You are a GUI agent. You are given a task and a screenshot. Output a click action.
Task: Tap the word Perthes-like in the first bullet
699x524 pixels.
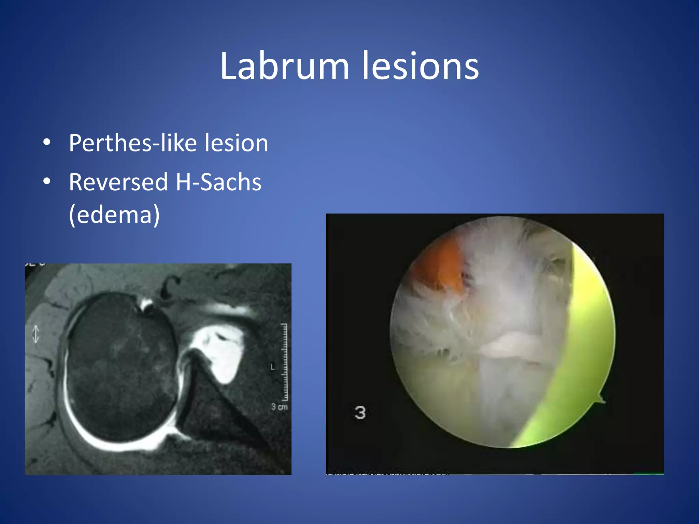[132, 143]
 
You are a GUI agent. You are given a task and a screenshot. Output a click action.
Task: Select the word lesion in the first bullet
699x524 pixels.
[236, 143]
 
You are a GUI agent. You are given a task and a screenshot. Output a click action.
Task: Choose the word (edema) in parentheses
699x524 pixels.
[114, 215]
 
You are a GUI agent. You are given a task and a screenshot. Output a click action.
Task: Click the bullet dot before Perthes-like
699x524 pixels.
[47, 143]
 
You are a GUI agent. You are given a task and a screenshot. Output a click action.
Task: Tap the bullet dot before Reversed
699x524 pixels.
[47, 181]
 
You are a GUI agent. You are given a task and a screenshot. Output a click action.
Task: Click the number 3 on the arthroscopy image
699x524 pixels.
[360, 412]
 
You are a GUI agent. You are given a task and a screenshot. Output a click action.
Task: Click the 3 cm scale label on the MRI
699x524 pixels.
[279, 407]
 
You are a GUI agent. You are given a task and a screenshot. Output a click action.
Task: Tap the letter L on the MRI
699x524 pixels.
[272, 367]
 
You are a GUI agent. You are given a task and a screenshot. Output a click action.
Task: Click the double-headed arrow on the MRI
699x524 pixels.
[36, 334]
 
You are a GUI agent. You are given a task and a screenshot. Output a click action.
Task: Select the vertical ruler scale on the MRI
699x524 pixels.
[284, 362]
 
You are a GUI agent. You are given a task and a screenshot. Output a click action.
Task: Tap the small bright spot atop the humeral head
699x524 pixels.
[147, 305]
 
